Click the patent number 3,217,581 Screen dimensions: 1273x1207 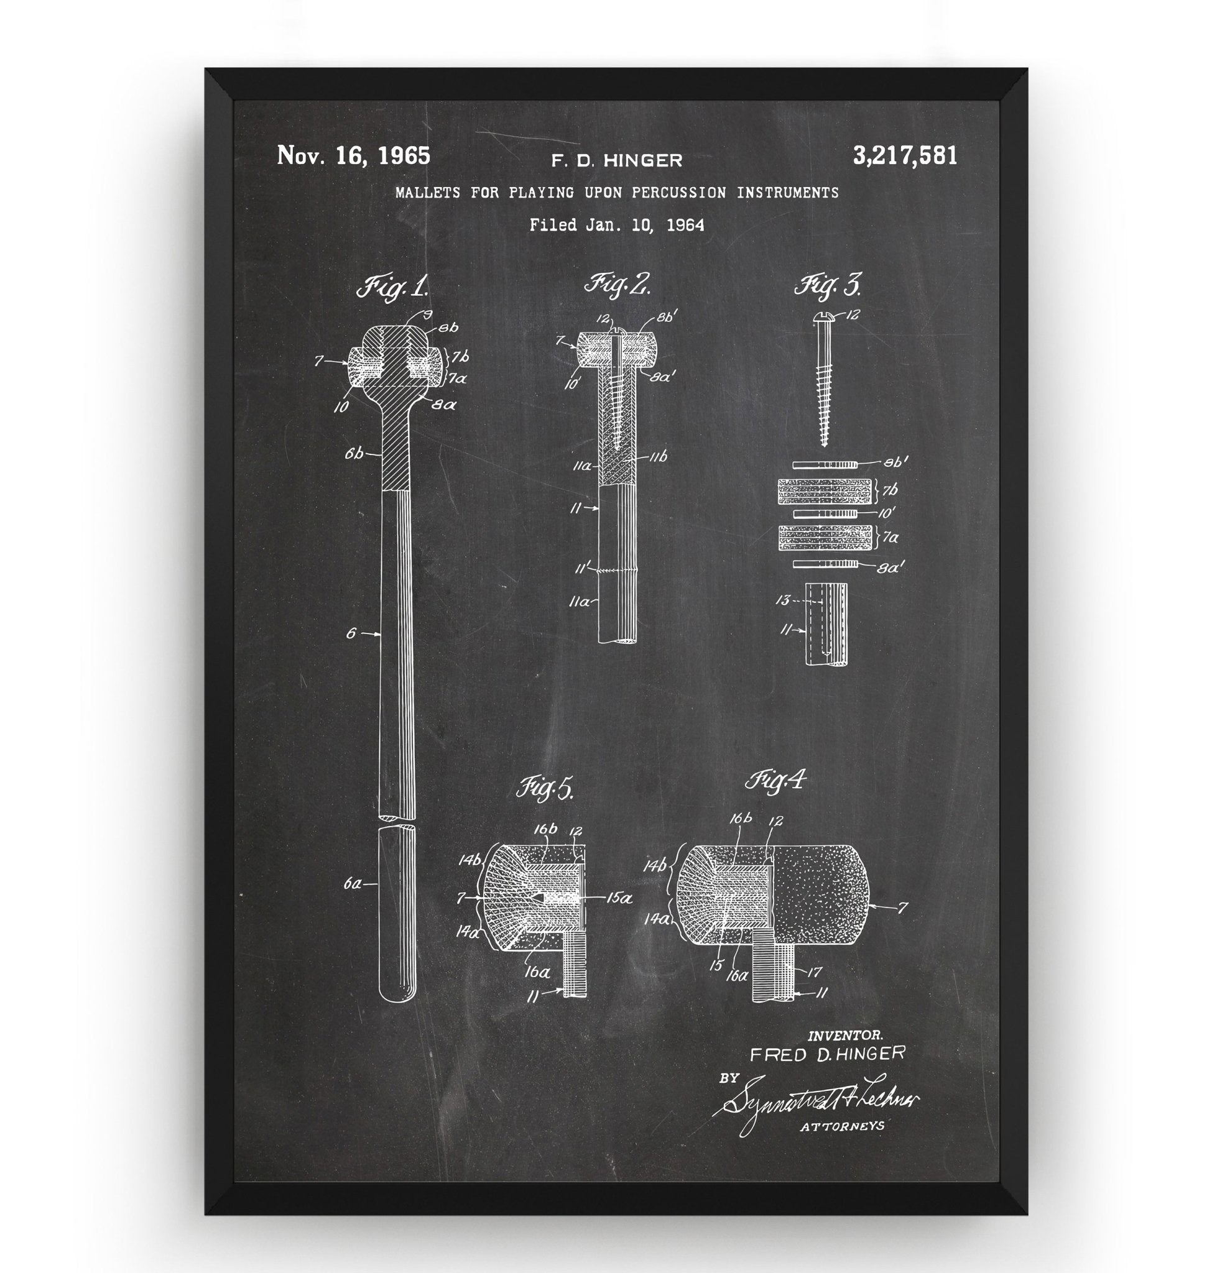pyautogui.click(x=905, y=156)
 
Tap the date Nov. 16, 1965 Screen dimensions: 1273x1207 pyautogui.click(x=353, y=156)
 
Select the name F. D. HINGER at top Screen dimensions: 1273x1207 pyautogui.click(x=616, y=160)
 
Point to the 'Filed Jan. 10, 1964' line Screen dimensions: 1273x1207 pyautogui.click(x=616, y=225)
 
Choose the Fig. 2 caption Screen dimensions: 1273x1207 pyautogui.click(x=617, y=283)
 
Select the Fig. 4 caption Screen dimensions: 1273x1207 pyautogui.click(x=775, y=781)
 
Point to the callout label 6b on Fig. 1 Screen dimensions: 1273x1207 pyautogui.click(x=354, y=454)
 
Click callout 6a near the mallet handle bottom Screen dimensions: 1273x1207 pyautogui.click(x=353, y=885)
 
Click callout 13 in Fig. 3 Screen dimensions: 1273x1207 pyautogui.click(x=782, y=601)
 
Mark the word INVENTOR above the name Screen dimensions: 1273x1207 pyautogui.click(x=844, y=1035)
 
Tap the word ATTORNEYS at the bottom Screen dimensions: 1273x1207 pyautogui.click(x=841, y=1126)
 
